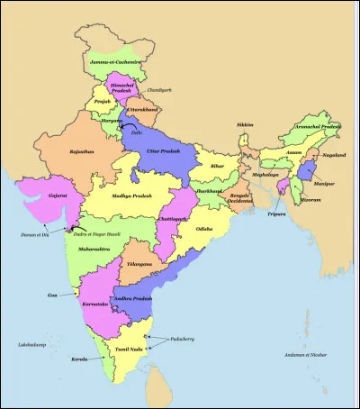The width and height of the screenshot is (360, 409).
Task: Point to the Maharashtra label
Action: (x=95, y=247)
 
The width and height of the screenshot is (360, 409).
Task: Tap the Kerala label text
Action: (x=79, y=359)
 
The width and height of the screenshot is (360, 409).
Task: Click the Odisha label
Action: (x=205, y=229)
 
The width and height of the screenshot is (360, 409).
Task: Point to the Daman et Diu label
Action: (x=37, y=234)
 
